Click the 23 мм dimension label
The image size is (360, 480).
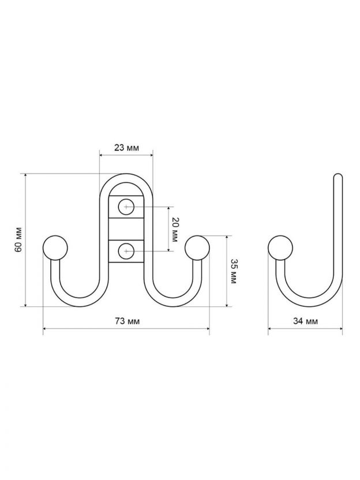(126, 148)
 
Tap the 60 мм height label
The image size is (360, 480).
(18, 239)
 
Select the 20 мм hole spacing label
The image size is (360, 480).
(174, 230)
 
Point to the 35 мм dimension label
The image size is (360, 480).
(232, 271)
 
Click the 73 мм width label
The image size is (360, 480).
(127, 321)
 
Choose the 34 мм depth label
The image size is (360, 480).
(305, 321)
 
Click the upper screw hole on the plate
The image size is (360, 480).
(126, 207)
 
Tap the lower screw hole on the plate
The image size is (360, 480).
(126, 252)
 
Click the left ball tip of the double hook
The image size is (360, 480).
(55, 248)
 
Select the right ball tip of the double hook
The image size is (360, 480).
(197, 248)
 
